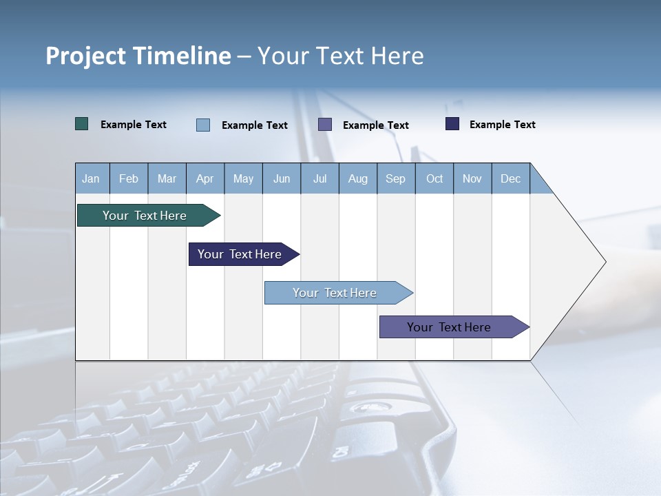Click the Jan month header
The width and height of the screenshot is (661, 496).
point(92,178)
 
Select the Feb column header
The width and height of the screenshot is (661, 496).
point(129,178)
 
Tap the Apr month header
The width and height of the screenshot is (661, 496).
point(205,178)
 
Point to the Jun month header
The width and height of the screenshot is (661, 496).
point(282,178)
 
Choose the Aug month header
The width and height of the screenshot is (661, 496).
point(358,178)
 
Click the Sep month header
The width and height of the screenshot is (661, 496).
point(396,178)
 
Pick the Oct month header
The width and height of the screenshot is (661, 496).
point(434,178)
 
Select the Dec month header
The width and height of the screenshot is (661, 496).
point(511,178)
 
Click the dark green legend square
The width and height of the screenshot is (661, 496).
point(82,124)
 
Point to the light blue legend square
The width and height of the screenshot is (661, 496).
point(203,125)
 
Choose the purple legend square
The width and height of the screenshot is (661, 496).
point(325,124)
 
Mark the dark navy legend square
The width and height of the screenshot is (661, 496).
point(452,124)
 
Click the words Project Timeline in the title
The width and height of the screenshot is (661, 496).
point(138,56)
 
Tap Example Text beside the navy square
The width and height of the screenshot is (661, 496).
point(503,125)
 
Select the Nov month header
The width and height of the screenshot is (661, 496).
point(472,178)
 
